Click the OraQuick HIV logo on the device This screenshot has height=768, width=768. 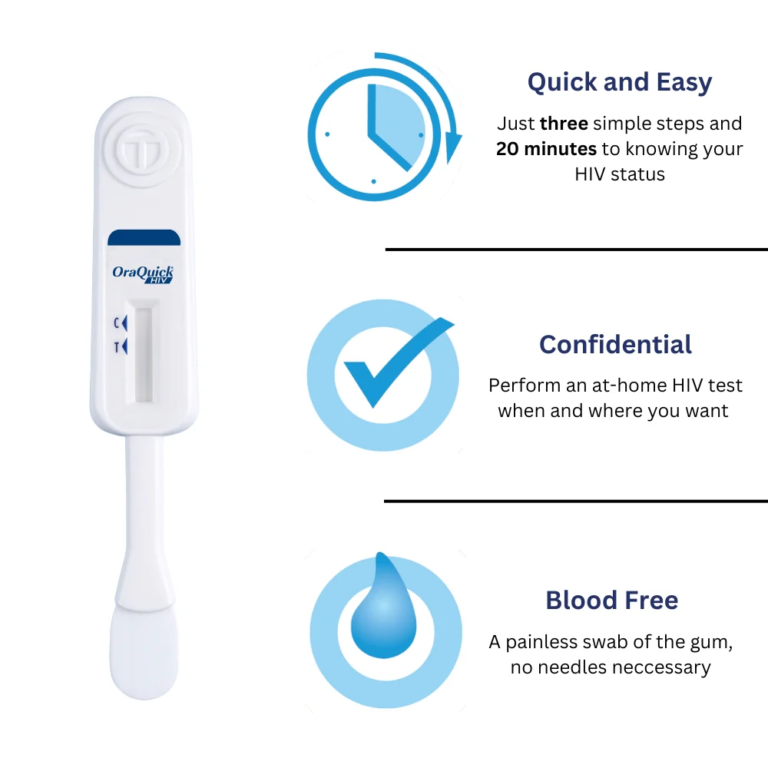tap(143, 274)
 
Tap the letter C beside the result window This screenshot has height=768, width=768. tap(117, 323)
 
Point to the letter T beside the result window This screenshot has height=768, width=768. tap(117, 347)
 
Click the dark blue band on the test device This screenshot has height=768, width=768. tap(144, 237)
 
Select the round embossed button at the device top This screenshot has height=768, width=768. tap(142, 150)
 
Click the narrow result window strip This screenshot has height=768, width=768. tap(144, 355)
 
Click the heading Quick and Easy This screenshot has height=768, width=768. tap(620, 82)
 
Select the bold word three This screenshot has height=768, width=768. tap(564, 124)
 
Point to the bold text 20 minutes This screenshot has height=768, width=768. tap(547, 148)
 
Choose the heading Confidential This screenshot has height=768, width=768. tap(616, 344)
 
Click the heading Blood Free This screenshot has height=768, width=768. tap(612, 600)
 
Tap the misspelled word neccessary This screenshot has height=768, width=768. tap(661, 667)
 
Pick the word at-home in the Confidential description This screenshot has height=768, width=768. tap(630, 386)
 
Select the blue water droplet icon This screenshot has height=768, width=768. tap(383, 607)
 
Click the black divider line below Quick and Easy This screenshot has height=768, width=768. tap(577, 250)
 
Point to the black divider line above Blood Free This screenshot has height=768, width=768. tap(576, 501)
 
